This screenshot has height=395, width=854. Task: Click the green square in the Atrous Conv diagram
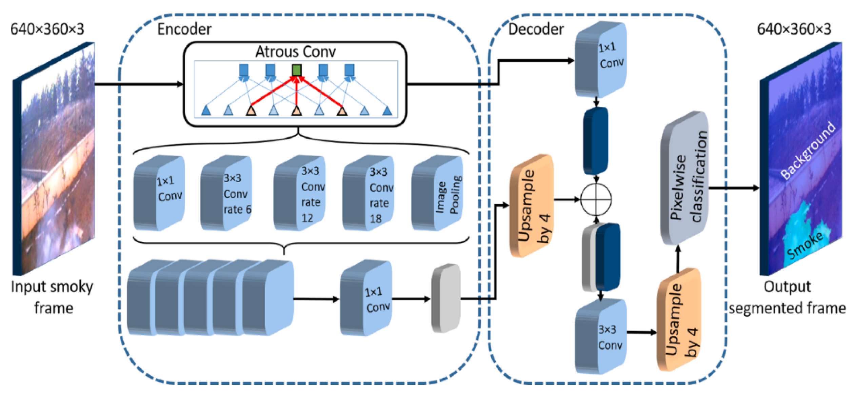(x=297, y=70)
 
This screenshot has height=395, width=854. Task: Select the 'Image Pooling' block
(x=438, y=193)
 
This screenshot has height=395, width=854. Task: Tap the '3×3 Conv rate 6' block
(x=226, y=193)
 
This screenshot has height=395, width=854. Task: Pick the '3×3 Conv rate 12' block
(x=300, y=193)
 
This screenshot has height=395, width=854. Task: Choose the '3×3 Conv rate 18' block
(x=369, y=193)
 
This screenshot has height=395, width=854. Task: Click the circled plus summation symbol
(x=596, y=199)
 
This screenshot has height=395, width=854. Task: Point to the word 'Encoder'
(x=184, y=29)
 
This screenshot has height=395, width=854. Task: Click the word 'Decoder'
(x=536, y=29)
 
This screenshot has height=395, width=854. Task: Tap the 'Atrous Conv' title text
(x=295, y=52)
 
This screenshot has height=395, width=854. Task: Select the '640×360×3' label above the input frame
(x=47, y=29)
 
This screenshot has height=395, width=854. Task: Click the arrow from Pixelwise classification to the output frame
(x=734, y=188)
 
